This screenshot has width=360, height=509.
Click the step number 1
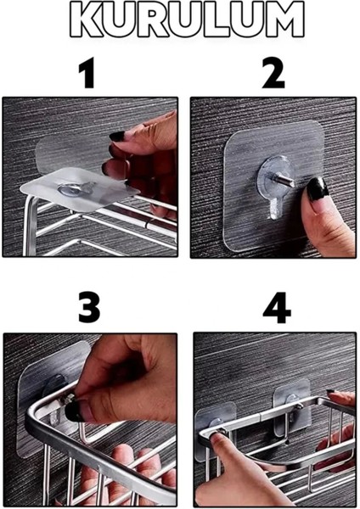[87, 76]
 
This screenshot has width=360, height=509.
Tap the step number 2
[273, 76]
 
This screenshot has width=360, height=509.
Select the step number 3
[88, 307]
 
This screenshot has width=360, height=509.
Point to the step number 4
[275, 308]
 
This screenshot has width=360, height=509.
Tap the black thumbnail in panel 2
[316, 188]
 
